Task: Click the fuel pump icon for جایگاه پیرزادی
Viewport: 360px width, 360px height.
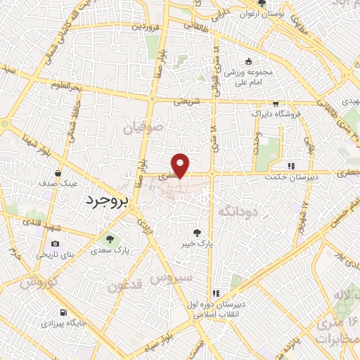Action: pyautogui.click(x=65, y=313)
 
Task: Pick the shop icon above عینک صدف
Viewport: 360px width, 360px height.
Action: pyautogui.click(x=58, y=172)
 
